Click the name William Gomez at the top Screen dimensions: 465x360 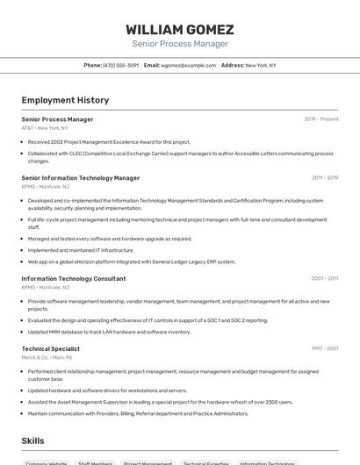click(x=179, y=29)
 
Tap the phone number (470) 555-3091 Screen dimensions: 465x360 click(x=120, y=65)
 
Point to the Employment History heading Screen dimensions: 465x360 click(x=65, y=100)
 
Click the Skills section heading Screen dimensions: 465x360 click(x=32, y=440)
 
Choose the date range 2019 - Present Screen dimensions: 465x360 click(x=321, y=119)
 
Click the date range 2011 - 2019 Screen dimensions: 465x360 click(x=325, y=177)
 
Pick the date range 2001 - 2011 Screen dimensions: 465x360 click(x=325, y=278)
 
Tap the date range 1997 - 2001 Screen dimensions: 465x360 click(x=325, y=348)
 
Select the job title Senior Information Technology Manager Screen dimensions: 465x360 click(x=80, y=177)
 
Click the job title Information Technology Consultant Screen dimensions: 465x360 click(x=73, y=278)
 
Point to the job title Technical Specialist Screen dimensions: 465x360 click(x=50, y=348)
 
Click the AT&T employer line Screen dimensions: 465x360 click(x=44, y=128)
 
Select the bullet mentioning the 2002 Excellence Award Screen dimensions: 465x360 click(x=109, y=141)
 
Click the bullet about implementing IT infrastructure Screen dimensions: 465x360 click(x=81, y=250)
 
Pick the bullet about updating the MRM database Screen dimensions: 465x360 click(x=109, y=332)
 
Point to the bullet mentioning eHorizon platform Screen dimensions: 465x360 click(x=132, y=261)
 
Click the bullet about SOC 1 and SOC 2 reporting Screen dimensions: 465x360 click(x=148, y=320)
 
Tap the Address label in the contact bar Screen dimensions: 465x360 click(x=233, y=65)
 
